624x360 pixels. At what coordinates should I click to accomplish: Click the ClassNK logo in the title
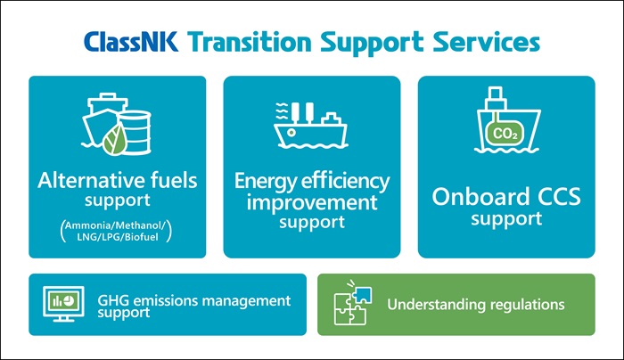(131, 42)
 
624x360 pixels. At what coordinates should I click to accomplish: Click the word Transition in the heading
(249, 42)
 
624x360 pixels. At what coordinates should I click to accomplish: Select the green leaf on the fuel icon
(115, 139)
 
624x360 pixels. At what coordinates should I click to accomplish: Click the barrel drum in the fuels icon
(136, 132)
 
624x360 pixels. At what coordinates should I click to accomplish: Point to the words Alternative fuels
(118, 180)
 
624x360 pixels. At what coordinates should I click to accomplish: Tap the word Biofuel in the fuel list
(141, 237)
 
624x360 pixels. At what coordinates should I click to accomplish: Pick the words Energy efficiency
(312, 182)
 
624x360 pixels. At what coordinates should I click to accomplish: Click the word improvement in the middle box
(312, 203)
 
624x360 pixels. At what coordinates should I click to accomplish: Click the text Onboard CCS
(506, 197)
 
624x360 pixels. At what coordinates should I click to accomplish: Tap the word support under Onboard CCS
(506, 219)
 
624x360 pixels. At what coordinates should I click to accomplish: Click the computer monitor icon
(63, 304)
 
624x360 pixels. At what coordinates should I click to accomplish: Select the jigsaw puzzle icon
(353, 303)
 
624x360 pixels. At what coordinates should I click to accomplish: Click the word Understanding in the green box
(437, 305)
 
